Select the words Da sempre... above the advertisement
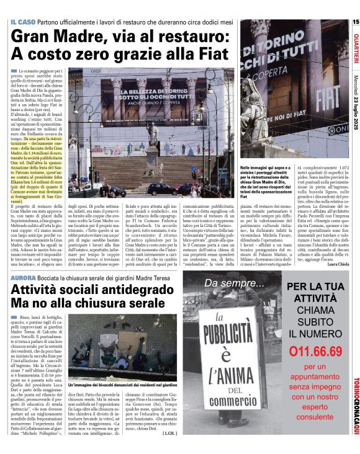(234, 284)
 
